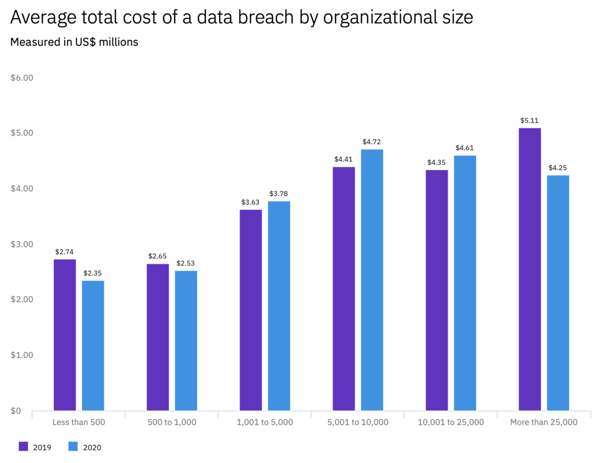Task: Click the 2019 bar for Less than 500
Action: (65, 335)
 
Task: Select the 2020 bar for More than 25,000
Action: (558, 293)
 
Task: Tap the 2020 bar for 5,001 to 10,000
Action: (372, 280)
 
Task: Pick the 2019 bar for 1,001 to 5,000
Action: (251, 310)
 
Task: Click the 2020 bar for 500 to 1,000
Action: (186, 340)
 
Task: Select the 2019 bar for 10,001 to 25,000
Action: (436, 290)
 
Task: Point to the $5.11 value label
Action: (530, 121)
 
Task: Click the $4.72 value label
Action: (372, 142)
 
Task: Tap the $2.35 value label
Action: (93, 273)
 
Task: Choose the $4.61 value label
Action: (465, 148)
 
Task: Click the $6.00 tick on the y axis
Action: (21, 78)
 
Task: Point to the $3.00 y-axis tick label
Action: (21, 244)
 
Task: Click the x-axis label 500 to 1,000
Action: (172, 422)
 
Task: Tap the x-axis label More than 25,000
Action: (544, 422)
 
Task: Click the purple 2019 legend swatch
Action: (23, 446)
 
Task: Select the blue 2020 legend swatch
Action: (72, 446)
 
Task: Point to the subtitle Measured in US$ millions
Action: (74, 42)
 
